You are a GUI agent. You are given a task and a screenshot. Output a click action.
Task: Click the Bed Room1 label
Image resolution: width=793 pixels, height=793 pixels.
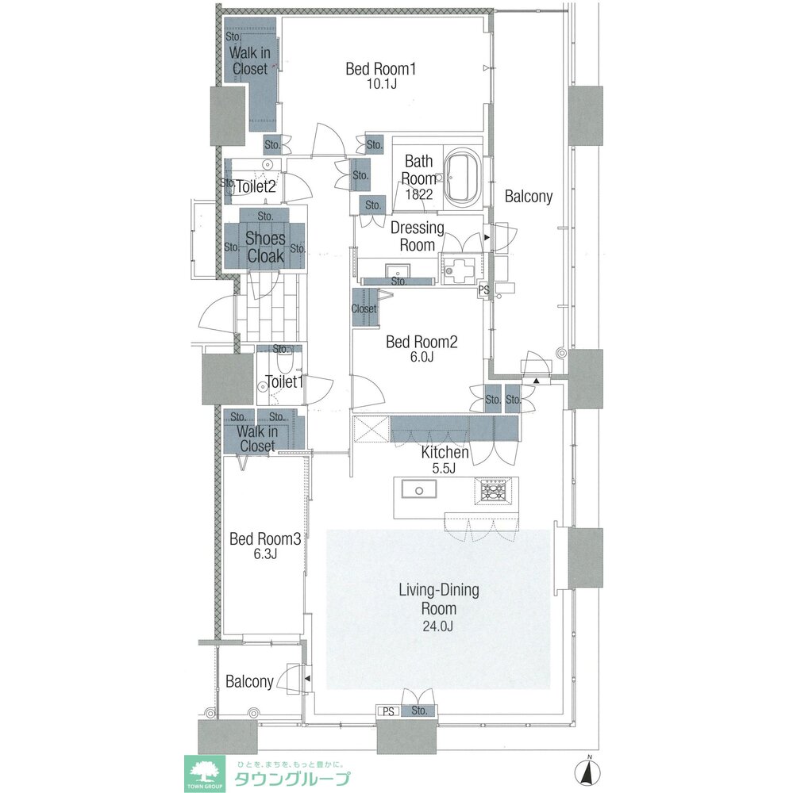pyautogui.click(x=380, y=69)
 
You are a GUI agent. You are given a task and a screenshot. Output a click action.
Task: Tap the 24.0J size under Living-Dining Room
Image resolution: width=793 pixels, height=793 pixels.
pyautogui.click(x=438, y=626)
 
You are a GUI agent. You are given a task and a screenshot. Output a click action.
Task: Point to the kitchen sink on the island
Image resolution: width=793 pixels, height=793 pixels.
pyautogui.click(x=419, y=489)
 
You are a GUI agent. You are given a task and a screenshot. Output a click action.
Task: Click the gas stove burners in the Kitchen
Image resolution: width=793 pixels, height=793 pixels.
pyautogui.click(x=493, y=490)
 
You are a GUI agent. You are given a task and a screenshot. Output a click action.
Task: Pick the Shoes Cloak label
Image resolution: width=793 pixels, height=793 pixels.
pyautogui.click(x=265, y=247)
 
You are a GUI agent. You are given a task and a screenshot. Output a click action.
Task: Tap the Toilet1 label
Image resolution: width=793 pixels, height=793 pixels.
pyautogui.click(x=284, y=382)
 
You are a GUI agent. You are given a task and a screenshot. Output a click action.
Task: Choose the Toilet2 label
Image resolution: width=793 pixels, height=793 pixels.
pyautogui.click(x=256, y=186)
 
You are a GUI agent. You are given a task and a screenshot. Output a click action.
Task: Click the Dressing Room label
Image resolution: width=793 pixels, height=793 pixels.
pyautogui.click(x=418, y=236)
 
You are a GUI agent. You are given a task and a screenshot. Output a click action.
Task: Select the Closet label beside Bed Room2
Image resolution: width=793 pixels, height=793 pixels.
pyautogui.click(x=364, y=308)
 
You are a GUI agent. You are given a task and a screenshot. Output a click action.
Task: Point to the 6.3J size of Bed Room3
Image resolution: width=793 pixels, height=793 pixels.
pyautogui.click(x=265, y=554)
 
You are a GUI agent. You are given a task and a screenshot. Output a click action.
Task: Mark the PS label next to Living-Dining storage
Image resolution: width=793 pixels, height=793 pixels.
pyautogui.click(x=388, y=711)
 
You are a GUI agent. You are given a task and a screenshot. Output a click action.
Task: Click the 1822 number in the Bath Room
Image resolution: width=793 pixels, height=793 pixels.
pyautogui.click(x=419, y=194)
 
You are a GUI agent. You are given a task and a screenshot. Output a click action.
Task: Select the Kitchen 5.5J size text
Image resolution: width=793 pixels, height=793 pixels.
pyautogui.click(x=444, y=469)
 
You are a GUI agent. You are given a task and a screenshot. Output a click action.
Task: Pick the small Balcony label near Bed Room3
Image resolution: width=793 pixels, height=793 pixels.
pyautogui.click(x=249, y=682)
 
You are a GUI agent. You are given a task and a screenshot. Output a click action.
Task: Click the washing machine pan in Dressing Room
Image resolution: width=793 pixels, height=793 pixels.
pyautogui.click(x=457, y=269)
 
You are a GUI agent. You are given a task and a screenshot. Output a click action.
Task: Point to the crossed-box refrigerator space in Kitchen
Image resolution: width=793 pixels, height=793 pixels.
pyautogui.click(x=371, y=429)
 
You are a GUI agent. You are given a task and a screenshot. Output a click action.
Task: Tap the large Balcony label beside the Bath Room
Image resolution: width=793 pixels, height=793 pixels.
pyautogui.click(x=528, y=196)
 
